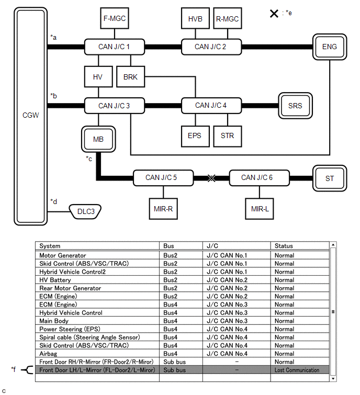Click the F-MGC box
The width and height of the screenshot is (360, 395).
click(114, 19)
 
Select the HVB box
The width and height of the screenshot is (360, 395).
click(195, 19)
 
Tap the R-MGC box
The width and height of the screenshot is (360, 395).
click(227, 19)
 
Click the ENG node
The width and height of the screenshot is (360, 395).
click(330, 47)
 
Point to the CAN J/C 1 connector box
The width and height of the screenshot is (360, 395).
click(114, 47)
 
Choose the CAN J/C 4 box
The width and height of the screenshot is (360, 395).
click(211, 105)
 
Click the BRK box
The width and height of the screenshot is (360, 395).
click(130, 77)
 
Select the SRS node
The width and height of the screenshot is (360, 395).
click(295, 105)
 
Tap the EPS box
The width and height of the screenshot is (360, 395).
click(195, 136)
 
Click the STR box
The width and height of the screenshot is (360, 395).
click(227, 136)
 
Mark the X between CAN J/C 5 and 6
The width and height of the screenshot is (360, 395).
click(211, 178)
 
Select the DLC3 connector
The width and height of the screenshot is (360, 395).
click(86, 212)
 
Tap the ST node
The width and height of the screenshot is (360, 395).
click(330, 178)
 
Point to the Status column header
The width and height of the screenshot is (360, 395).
click(284, 246)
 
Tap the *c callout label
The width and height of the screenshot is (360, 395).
click(89, 158)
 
